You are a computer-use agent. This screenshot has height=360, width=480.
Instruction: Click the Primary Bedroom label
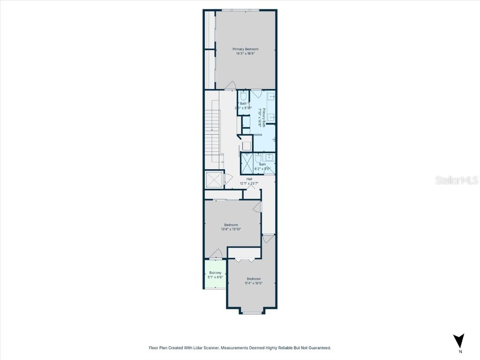point(245,49)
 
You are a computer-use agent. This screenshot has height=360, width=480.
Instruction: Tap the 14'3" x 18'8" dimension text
point(245,53)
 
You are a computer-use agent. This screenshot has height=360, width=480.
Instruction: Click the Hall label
point(249,179)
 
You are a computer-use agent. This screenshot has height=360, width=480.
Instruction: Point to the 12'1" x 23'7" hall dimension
point(249,183)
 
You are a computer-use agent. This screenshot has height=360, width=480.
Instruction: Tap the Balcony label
point(215,273)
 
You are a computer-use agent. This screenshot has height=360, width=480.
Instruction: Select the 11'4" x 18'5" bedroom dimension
point(253,283)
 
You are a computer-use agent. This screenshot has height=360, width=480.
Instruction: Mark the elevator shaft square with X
point(214,180)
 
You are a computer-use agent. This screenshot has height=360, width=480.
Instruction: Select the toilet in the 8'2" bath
point(258,158)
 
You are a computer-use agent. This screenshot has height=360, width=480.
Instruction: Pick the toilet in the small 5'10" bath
point(243,97)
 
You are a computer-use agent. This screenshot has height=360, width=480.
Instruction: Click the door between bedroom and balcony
point(216,255)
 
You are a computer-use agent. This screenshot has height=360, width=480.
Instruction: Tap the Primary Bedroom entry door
point(230,86)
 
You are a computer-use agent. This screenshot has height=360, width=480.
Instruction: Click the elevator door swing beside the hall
point(227,179)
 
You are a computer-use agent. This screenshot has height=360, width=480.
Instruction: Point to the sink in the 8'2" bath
point(270,157)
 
